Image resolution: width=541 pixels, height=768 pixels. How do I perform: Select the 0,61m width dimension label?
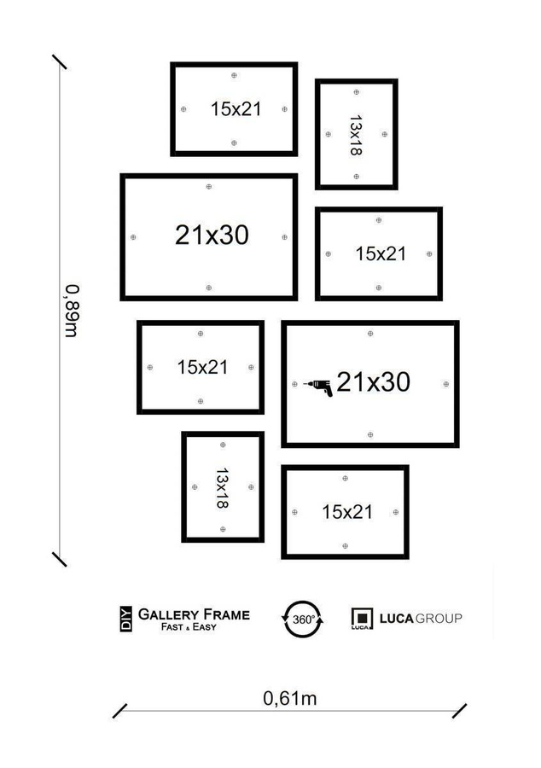click(x=290, y=697)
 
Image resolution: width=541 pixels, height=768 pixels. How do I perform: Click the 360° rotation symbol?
click(x=303, y=618)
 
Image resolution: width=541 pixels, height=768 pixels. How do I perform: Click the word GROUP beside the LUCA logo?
click(x=439, y=617)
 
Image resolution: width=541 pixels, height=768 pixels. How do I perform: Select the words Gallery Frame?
click(x=194, y=614)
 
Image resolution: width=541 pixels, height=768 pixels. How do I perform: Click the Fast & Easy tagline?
click(x=189, y=627)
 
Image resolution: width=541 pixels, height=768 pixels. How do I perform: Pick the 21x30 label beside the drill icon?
click(x=373, y=382)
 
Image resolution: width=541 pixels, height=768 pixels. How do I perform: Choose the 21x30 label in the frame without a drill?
click(x=212, y=236)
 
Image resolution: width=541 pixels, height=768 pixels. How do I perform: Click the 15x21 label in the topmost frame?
click(x=236, y=108)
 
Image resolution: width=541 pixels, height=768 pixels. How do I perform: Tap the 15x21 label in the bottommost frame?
click(x=347, y=512)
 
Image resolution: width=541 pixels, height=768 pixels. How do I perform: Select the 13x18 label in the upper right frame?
click(x=356, y=135)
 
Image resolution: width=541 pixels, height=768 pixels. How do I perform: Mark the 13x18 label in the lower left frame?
click(x=222, y=487)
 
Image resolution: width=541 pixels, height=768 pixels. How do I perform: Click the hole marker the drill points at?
click(x=295, y=385)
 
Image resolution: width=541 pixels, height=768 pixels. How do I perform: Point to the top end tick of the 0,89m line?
click(x=60, y=62)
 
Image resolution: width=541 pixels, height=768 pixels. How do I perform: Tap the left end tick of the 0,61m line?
click(x=120, y=711)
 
